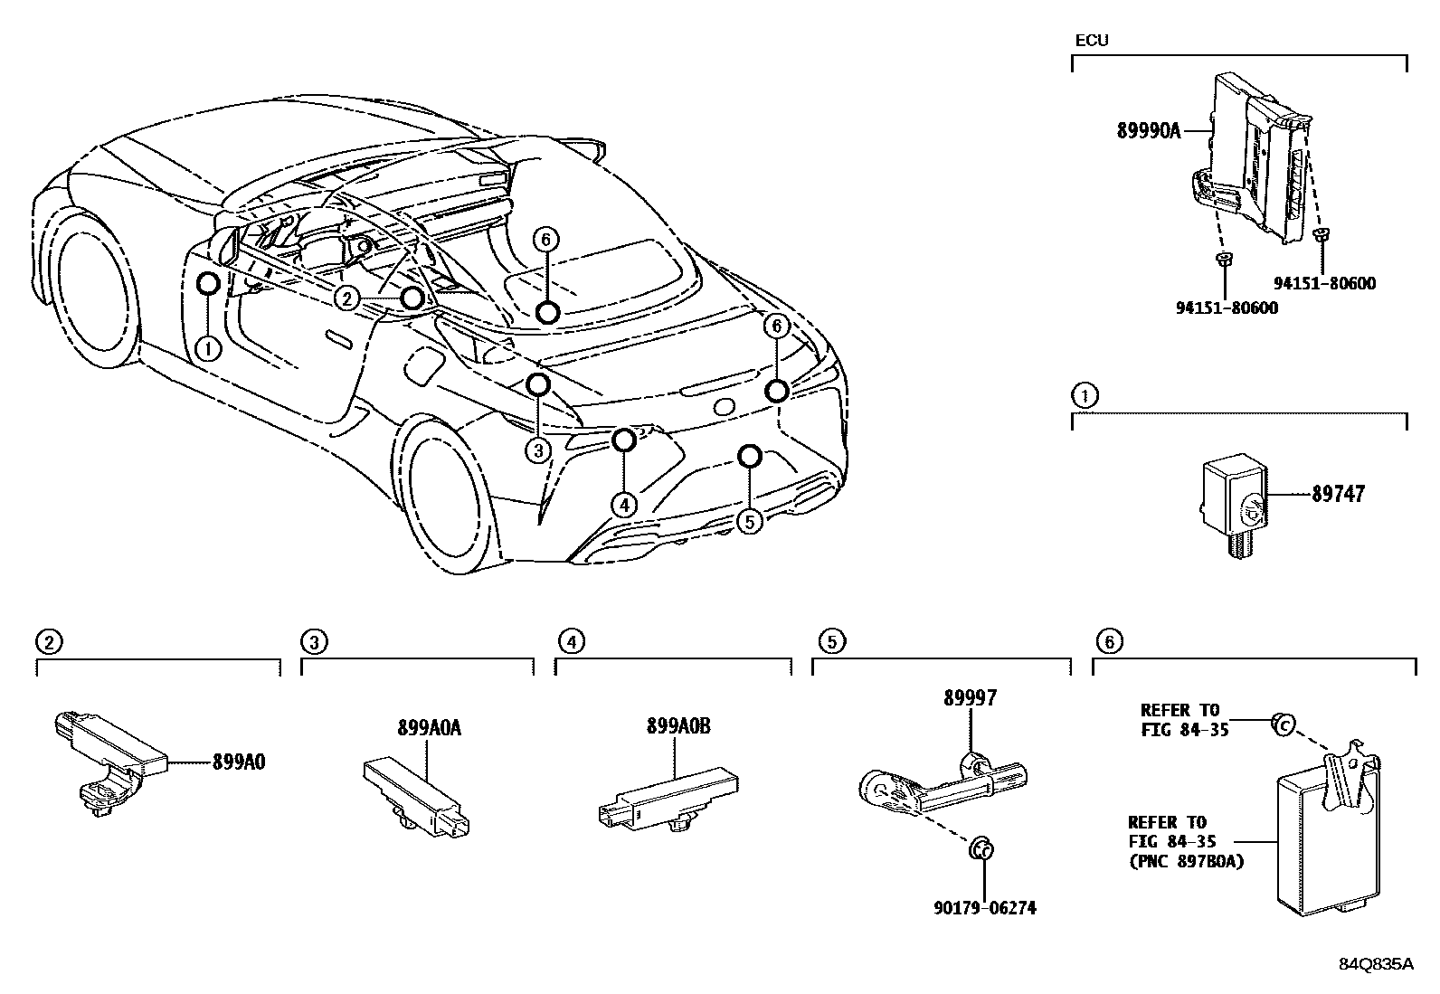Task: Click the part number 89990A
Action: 1148,131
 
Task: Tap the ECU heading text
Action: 1091,41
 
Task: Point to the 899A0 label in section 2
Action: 239,762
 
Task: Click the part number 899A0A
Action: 429,728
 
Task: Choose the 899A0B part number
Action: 678,726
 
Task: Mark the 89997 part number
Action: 971,697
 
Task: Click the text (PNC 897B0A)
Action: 1186,862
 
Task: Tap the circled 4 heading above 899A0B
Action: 571,642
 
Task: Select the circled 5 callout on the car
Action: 750,521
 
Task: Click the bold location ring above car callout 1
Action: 208,284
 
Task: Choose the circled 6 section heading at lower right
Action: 1109,642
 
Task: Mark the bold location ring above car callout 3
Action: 538,385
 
